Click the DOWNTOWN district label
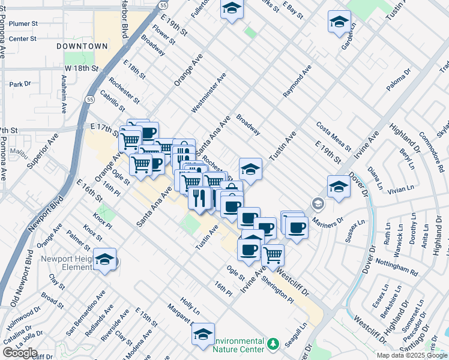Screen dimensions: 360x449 pyautogui.click(x=82, y=46)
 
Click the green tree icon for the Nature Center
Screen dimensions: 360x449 pyautogui.click(x=274, y=344)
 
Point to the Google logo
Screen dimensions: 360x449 pyautogui.click(x=20, y=353)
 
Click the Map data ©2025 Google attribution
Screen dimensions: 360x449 pyautogui.click(x=412, y=355)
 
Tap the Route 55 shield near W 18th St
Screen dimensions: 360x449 pyautogui.click(x=89, y=99)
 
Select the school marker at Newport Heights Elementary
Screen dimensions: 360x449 pyautogui.click(x=104, y=259)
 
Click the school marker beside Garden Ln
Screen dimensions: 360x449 pyautogui.click(x=339, y=22)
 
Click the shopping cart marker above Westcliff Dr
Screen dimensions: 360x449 pyautogui.click(x=273, y=254)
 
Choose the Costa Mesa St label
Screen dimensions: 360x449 pyautogui.click(x=333, y=136)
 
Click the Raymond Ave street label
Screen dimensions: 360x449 pyautogui.click(x=298, y=81)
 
